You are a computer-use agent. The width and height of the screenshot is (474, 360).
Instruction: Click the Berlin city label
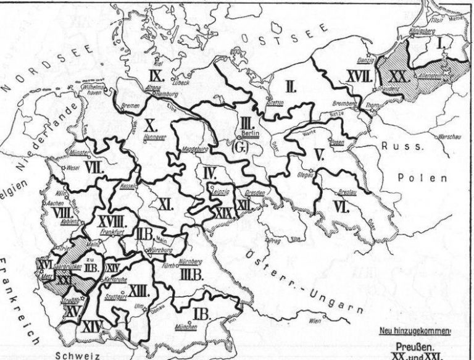click(249, 133)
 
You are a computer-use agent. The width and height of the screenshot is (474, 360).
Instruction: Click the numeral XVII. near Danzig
click(357, 76)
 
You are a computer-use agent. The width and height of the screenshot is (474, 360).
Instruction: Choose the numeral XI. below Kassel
click(164, 204)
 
